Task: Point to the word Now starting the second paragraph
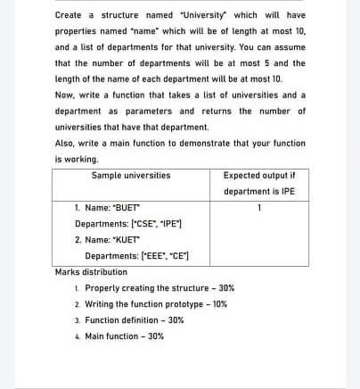(63, 95)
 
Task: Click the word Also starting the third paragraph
(65, 144)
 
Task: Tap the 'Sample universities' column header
(130, 176)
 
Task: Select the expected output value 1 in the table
(258, 208)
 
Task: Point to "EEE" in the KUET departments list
(165, 256)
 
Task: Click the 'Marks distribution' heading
(91, 272)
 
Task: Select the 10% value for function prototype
(218, 304)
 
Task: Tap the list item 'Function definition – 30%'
(134, 320)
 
